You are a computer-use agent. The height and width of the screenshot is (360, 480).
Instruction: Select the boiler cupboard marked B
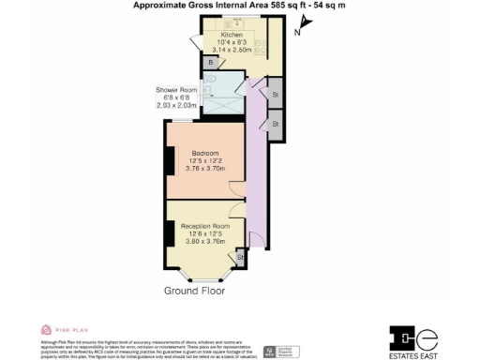[x=213, y=63]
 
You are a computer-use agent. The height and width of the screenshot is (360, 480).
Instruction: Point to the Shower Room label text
[x=175, y=90]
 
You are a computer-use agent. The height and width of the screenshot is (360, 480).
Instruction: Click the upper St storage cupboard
[x=276, y=95]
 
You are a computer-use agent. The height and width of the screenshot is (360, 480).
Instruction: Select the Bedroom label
[x=205, y=153]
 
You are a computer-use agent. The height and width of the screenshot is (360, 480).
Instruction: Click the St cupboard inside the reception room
[x=240, y=256]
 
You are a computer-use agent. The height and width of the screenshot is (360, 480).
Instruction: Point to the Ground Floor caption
[x=195, y=291]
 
